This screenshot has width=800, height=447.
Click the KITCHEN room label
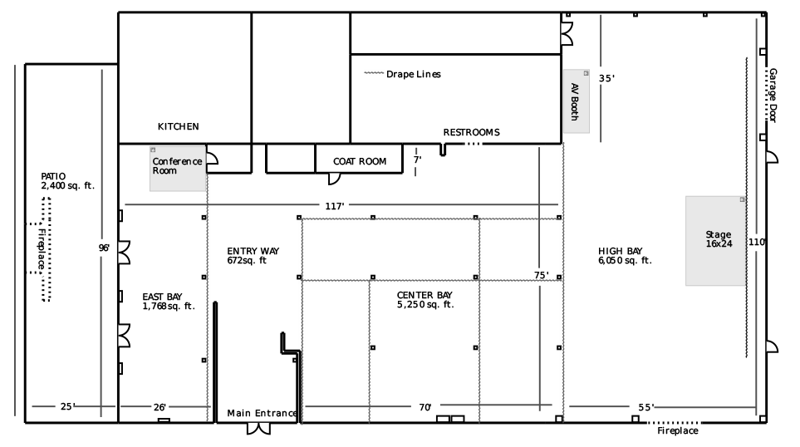click(178, 127)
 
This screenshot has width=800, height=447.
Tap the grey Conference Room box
click(178, 169)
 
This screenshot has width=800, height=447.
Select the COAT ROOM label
click(360, 162)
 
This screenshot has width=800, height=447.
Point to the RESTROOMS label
click(471, 133)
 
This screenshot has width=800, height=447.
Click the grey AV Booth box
click(577, 101)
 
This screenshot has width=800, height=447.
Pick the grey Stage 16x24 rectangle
click(715, 240)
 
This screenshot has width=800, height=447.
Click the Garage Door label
click(773, 96)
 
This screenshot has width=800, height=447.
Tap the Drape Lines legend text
click(413, 75)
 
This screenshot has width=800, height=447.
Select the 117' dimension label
click(335, 205)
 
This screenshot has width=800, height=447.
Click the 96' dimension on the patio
click(104, 248)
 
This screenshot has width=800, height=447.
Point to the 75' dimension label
click(541, 275)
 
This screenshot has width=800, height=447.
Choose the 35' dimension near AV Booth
click(606, 79)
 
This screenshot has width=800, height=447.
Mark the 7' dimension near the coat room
click(417, 159)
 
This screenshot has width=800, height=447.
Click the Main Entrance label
click(262, 414)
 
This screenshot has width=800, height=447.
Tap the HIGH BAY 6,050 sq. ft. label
click(625, 256)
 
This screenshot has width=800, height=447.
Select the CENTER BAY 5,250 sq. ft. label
click(425, 300)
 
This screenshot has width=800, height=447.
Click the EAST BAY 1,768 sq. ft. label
click(168, 302)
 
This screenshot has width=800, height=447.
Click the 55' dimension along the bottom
click(646, 407)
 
